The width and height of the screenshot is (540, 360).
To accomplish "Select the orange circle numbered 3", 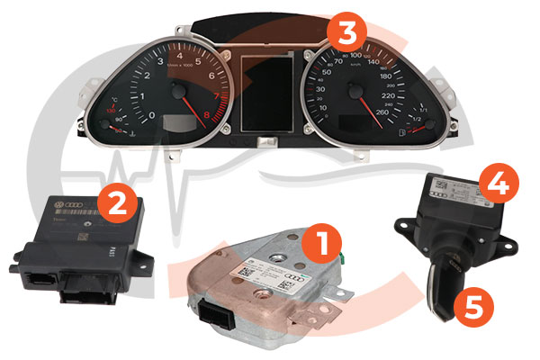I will click(346, 32).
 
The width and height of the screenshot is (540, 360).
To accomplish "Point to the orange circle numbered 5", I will click(472, 308).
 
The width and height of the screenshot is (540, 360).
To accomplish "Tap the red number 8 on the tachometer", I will click(209, 114).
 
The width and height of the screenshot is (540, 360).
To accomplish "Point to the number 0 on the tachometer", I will click(151, 115).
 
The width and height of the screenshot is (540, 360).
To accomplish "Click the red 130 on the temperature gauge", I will click(113, 109).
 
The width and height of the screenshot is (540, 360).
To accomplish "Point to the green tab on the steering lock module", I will click(343, 255).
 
